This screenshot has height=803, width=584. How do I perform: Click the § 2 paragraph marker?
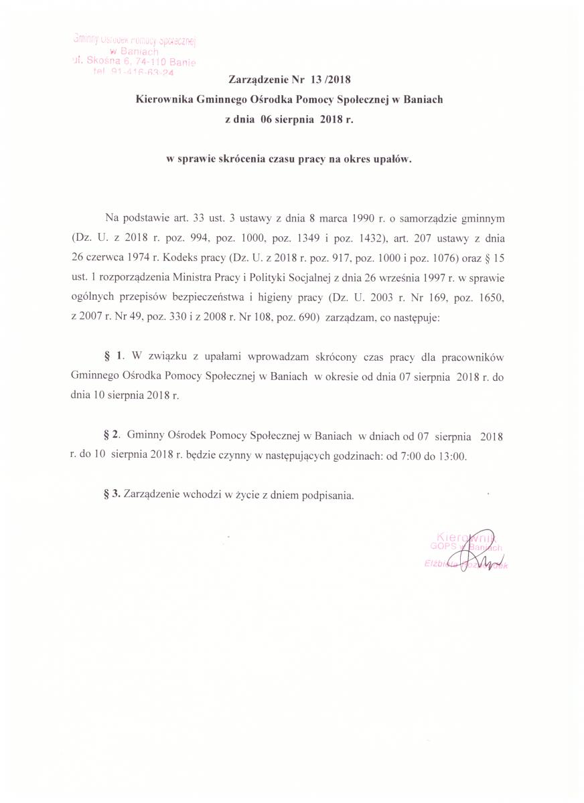coord(111,436)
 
